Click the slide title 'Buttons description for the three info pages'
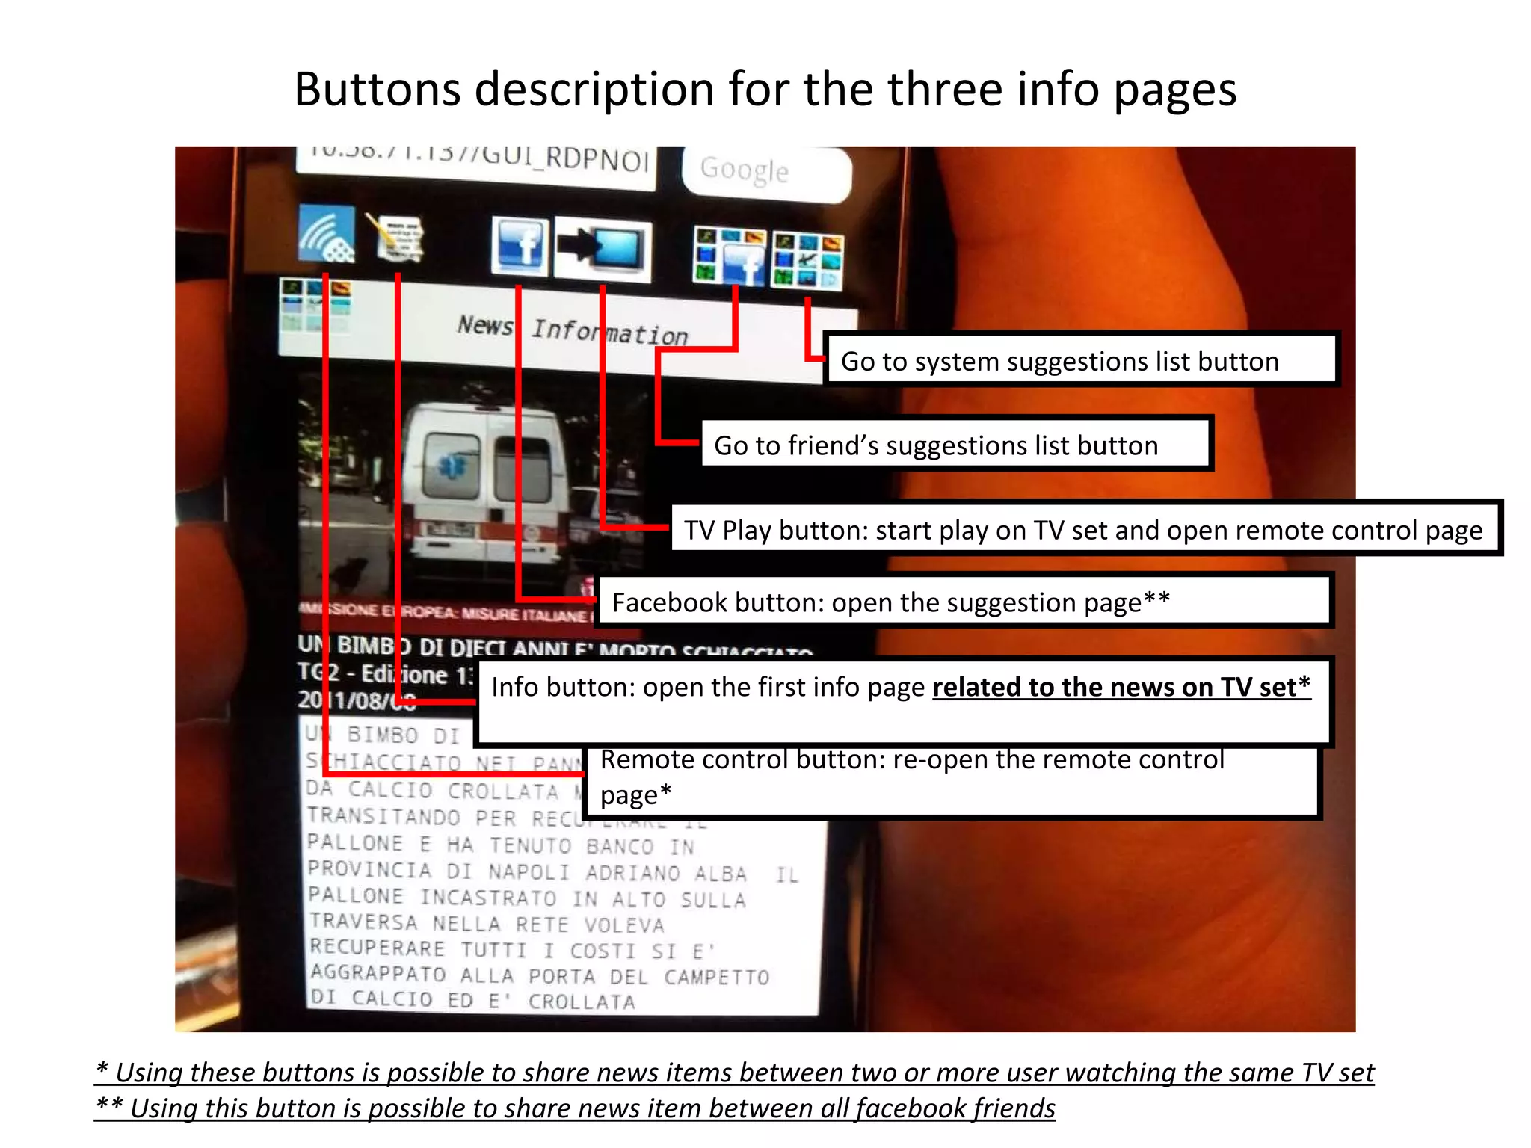coord(765,89)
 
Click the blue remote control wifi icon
coord(327,233)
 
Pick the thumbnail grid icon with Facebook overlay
coord(729,256)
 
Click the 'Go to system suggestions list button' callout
coord(1080,361)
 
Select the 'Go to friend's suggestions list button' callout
coord(955,445)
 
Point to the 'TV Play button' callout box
coord(1084,529)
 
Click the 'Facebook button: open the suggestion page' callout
coord(964,602)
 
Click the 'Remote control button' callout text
coord(912,777)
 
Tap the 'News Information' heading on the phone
coord(573,330)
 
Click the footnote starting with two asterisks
coord(576,1108)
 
